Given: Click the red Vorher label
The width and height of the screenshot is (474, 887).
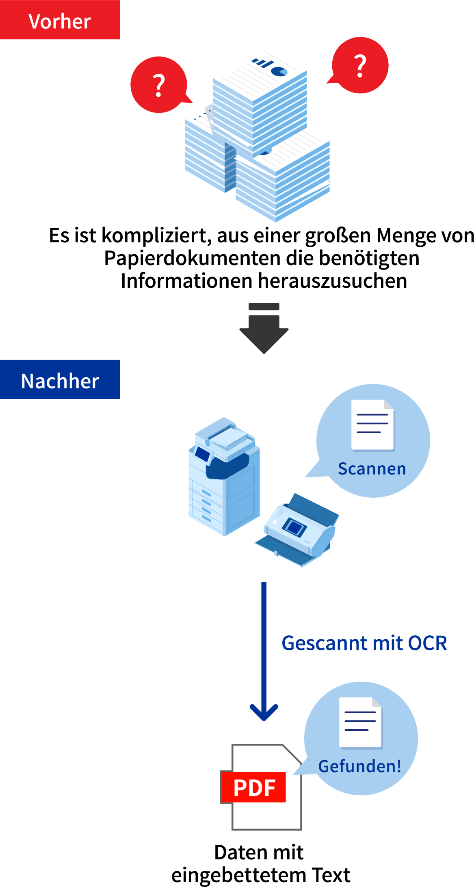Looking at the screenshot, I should pyautogui.click(x=60, y=20).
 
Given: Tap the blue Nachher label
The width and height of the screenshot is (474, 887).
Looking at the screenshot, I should pyautogui.click(x=60, y=380).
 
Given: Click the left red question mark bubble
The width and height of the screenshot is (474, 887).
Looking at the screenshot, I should pyautogui.click(x=159, y=85).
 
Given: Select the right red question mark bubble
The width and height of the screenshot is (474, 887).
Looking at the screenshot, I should pyautogui.click(x=360, y=65).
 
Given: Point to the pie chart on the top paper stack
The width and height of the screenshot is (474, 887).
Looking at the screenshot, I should pyautogui.click(x=279, y=71).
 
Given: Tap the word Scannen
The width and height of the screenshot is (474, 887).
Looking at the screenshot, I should pyautogui.click(x=372, y=468).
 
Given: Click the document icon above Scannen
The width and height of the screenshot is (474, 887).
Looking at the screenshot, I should pyautogui.click(x=372, y=425).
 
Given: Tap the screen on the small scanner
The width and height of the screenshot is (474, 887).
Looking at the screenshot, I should pyautogui.click(x=294, y=527).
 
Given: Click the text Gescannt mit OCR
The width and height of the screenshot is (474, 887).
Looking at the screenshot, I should pyautogui.click(x=364, y=643).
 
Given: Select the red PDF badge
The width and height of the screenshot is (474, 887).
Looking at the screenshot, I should pyautogui.click(x=254, y=788).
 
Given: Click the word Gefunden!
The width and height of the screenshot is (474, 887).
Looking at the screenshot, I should pyautogui.click(x=360, y=766).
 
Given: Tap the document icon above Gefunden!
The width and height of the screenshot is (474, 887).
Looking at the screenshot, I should pyautogui.click(x=360, y=723).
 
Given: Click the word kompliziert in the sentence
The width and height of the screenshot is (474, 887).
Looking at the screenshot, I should pyautogui.click(x=156, y=235).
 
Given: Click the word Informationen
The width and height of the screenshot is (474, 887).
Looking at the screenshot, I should pyautogui.click(x=186, y=281).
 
